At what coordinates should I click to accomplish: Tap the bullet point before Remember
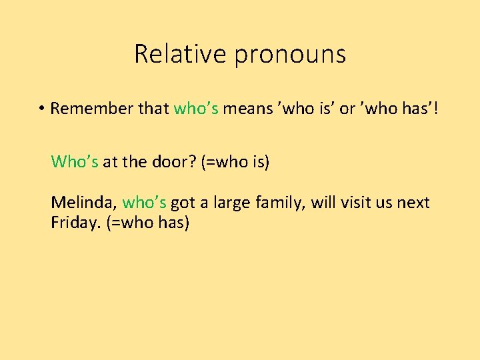coord(41,109)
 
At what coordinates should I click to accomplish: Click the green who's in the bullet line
coord(196,109)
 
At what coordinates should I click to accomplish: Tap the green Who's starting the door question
coord(75,161)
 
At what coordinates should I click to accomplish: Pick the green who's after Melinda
coord(145,203)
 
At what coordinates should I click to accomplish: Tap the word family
coord(281,203)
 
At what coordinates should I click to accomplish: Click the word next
coord(414,203)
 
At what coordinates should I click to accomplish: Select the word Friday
coord(75,223)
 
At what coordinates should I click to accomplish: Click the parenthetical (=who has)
coord(148,223)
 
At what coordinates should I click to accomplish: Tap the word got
coord(183,203)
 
